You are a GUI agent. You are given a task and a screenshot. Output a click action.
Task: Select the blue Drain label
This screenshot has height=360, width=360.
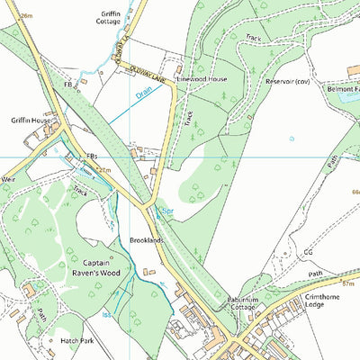click(144, 92)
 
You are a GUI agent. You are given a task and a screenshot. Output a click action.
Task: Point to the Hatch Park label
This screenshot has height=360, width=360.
click(76, 341)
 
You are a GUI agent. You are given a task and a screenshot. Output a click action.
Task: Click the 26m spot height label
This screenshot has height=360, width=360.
click(26, 16)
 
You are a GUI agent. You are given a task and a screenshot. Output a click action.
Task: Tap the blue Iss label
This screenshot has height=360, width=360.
click(104, 315)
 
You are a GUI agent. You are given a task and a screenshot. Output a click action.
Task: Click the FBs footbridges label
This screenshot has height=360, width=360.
click(91, 156)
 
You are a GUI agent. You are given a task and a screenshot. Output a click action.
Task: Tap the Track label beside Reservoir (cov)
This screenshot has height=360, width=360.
click(254, 39)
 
